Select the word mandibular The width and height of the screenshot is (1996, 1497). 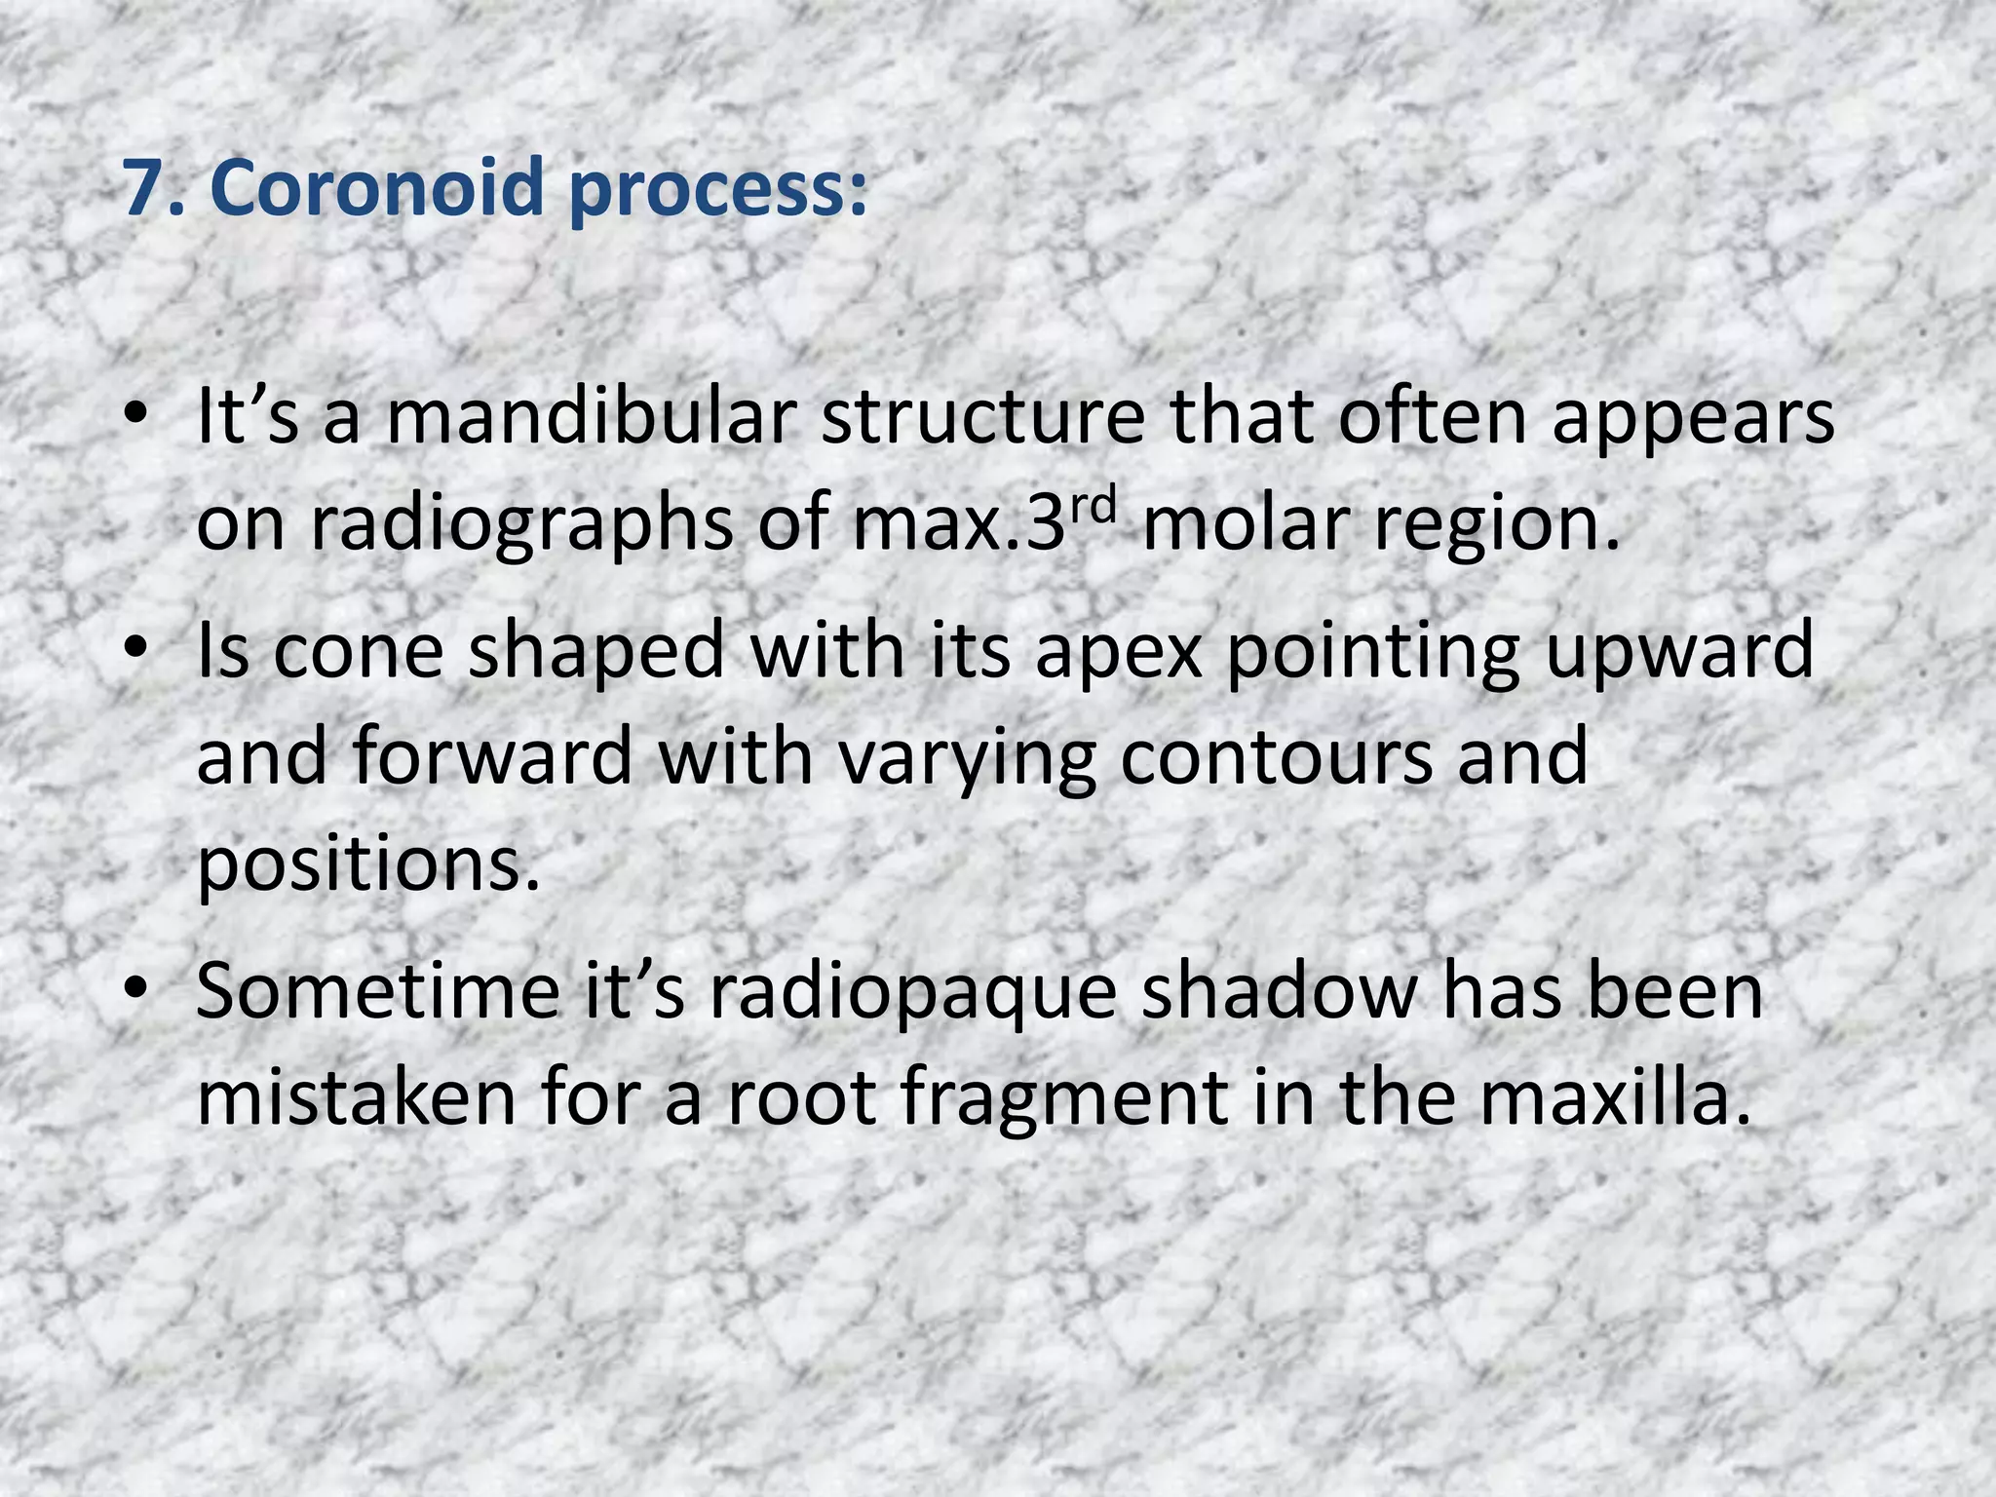(x=591, y=417)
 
